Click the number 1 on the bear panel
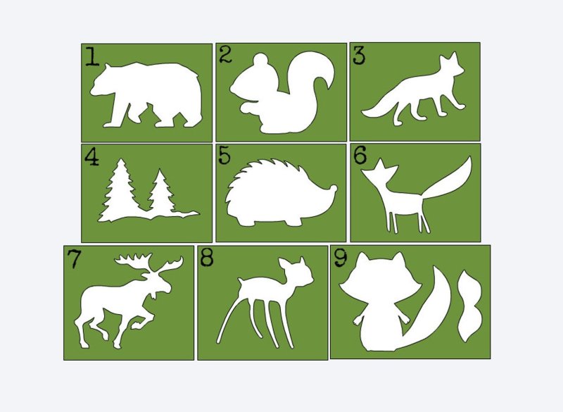coord(93,57)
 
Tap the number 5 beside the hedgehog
coord(224,156)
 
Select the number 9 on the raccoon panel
coord(341,258)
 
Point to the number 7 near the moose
coord(75,258)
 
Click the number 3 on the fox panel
coord(359,56)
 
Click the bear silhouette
coord(146,95)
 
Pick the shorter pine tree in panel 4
coord(161,192)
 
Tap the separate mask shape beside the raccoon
coord(469,306)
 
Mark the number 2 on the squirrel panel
coord(225,55)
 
